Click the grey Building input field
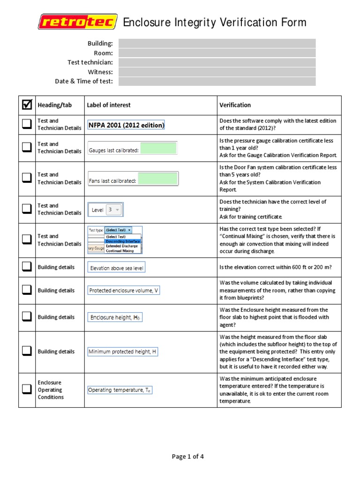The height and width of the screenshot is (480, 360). (217, 44)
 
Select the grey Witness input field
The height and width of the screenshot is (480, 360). (217, 72)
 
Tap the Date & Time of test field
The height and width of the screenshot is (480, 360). (217, 81)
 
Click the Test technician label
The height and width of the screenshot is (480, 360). (90, 62)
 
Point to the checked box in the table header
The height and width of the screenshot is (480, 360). (27, 105)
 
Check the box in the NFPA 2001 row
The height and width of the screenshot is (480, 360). (27, 124)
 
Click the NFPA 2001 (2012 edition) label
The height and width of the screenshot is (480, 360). (127, 125)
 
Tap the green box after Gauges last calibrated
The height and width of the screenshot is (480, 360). (158, 149)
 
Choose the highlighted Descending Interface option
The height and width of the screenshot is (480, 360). (122, 241)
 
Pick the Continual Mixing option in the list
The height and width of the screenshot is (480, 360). (120, 251)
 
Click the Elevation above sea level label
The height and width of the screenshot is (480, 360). (117, 268)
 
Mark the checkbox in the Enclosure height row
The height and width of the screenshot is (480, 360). (27, 317)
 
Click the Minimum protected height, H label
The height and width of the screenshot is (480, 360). (122, 352)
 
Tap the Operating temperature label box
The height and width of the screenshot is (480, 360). (120, 390)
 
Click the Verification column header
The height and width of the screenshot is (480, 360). (235, 105)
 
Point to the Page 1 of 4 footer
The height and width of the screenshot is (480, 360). (187, 457)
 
